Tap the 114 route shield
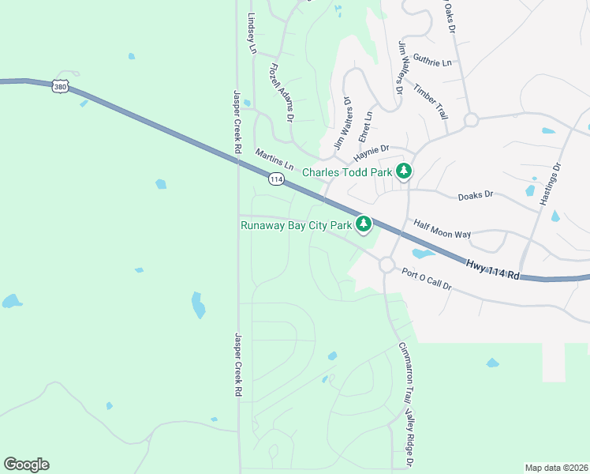(275, 179)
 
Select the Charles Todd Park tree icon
(404, 171)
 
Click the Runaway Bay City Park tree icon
(364, 225)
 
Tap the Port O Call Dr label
(426, 280)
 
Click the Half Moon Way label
(442, 229)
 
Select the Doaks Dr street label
(476, 194)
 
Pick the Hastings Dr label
(550, 185)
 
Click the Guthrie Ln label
(432, 61)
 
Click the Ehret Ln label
(364, 126)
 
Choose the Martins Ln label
(274, 158)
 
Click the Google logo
(26, 465)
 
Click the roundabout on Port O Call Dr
(386, 265)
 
